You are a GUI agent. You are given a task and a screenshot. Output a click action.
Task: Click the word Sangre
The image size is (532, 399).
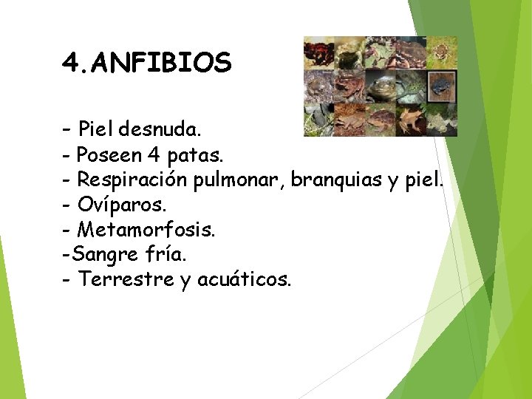point(106,255)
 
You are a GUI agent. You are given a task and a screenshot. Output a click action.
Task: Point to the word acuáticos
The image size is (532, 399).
point(245,279)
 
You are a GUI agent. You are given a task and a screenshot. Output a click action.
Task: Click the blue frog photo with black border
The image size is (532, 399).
point(440,85)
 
